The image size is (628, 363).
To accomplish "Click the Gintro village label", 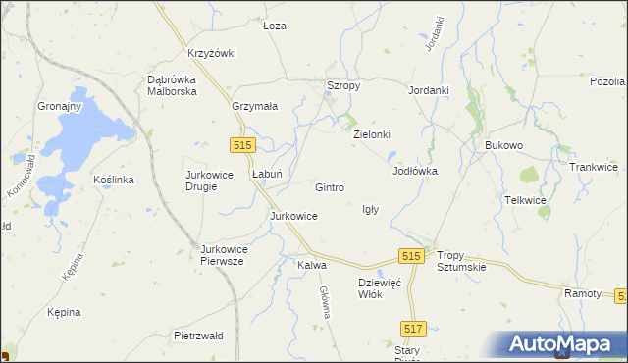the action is [329, 187].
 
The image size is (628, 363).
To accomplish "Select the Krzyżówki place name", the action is [212, 53].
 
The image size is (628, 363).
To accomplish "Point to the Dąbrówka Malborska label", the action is [172, 84].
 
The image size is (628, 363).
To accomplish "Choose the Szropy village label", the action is [343, 86].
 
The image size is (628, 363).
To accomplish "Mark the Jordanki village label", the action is [429, 90].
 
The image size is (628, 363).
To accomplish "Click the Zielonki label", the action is [372, 134].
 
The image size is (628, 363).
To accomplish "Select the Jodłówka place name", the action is [414, 171].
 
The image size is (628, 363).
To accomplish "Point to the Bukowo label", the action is [504, 145].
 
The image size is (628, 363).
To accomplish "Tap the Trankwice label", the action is [594, 167].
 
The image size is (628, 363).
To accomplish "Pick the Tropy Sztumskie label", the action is [461, 260].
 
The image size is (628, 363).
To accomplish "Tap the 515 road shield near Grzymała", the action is [244, 144].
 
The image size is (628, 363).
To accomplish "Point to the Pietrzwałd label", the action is [198, 336].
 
